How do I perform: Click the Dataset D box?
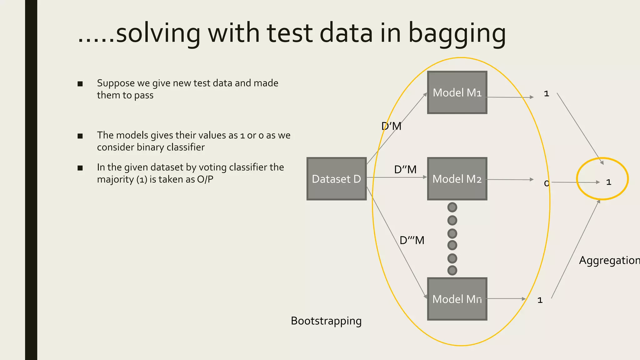tap(336, 179)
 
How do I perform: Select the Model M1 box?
tap(457, 92)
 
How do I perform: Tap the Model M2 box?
tap(457, 179)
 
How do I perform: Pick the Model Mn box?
tap(457, 299)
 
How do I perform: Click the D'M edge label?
tap(391, 126)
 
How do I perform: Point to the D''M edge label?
tap(405, 170)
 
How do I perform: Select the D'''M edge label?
tap(412, 240)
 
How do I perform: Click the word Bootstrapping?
tap(326, 321)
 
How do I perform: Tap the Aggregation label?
tap(609, 260)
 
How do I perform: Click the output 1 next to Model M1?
tap(546, 94)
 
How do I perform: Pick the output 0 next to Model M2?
tap(546, 183)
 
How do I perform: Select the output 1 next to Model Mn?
tap(540, 300)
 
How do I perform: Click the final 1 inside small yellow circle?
tap(608, 182)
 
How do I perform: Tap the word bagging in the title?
tap(457, 34)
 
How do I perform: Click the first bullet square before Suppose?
tap(80, 84)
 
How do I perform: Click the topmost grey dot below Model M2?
tap(452, 207)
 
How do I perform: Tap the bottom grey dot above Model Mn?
tap(452, 270)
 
